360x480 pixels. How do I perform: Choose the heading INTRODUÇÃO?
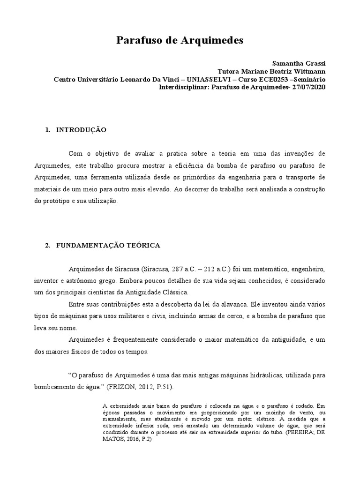coord(82,129)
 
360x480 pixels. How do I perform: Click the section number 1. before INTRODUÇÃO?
coord(48,129)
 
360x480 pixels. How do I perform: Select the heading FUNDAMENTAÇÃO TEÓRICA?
coord(108,245)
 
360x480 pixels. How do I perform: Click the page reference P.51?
coord(163,387)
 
